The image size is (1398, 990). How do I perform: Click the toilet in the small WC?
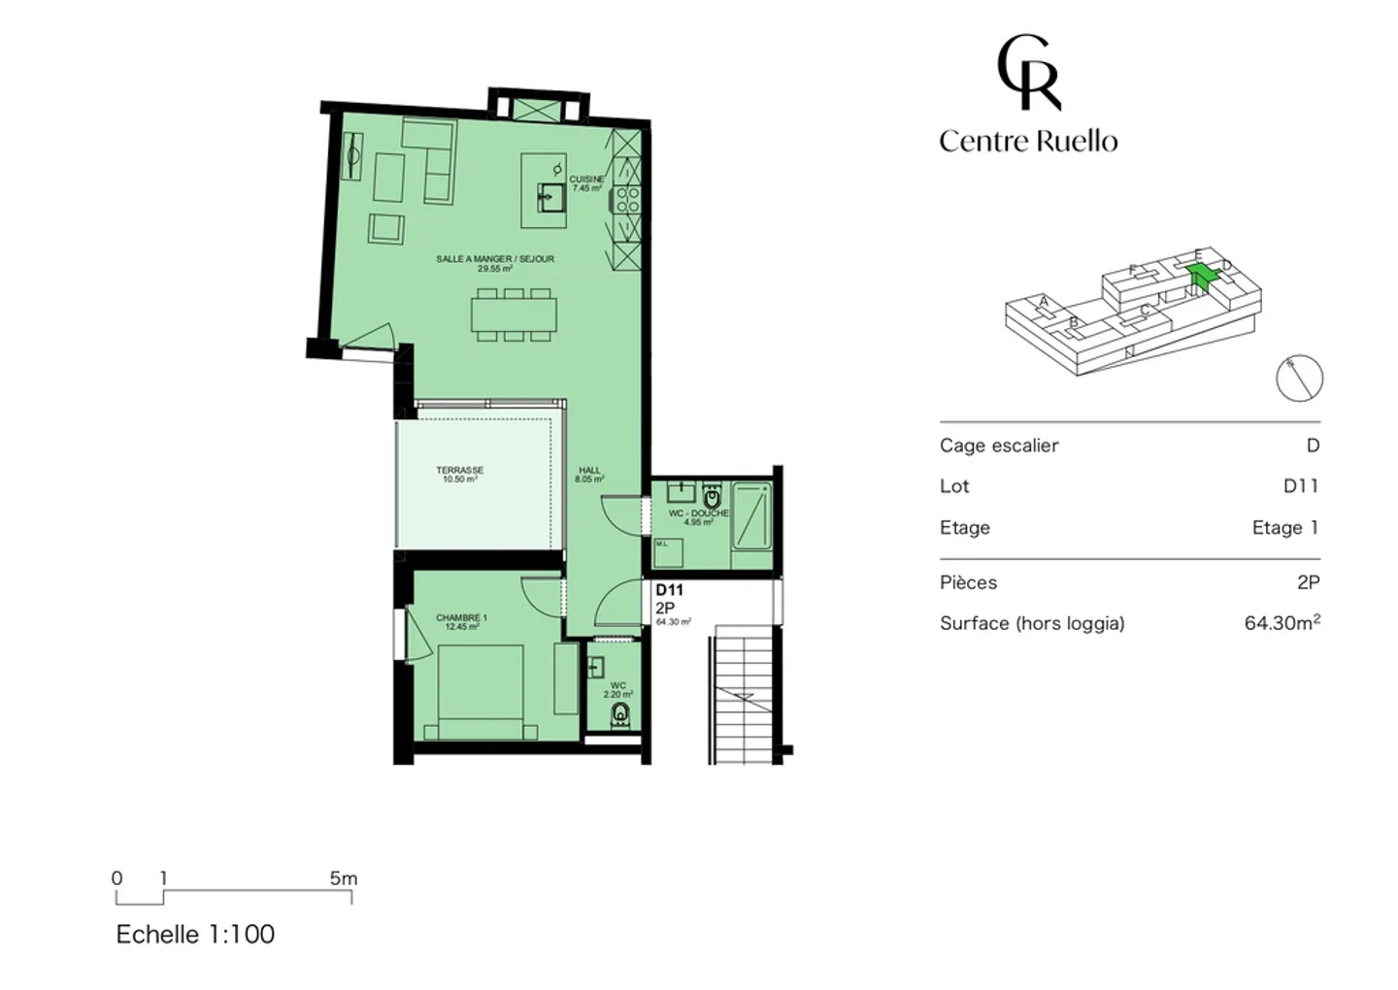pos(619,714)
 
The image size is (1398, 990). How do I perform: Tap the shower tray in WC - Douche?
pos(752,516)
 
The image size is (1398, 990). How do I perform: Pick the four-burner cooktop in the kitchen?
pos(627,200)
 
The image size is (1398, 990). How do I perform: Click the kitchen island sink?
pos(551,198)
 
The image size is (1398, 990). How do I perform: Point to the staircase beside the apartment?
pos(744,694)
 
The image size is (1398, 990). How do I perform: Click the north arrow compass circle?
pos(1299,379)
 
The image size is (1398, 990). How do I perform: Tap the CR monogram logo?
pos(1028,73)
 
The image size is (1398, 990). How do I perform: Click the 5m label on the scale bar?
pos(343,878)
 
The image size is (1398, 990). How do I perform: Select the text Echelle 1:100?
pos(195,934)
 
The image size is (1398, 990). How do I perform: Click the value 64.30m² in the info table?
pos(1281,623)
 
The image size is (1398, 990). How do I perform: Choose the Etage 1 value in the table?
pos(1284,528)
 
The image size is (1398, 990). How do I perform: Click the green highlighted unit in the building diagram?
pos(1201,277)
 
